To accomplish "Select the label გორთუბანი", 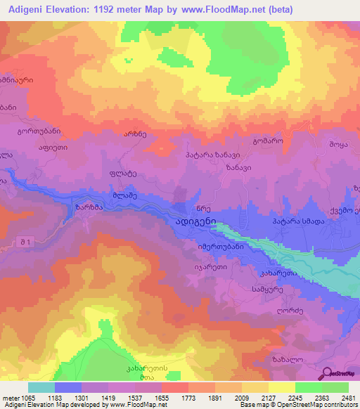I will [39, 131].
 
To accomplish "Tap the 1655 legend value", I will [162, 398].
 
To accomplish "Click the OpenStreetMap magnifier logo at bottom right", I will [326, 374].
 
